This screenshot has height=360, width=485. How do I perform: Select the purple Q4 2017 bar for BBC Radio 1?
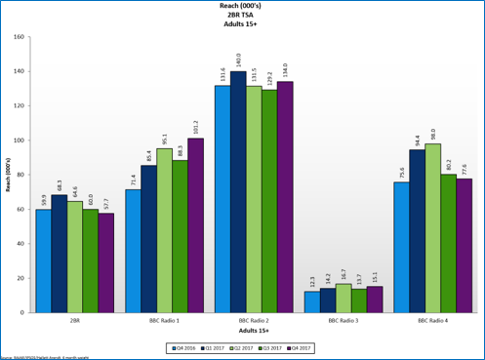tap(196, 225)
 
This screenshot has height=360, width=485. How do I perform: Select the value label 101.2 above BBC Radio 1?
tap(196, 127)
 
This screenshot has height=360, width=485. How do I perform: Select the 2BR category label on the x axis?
tap(74, 320)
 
